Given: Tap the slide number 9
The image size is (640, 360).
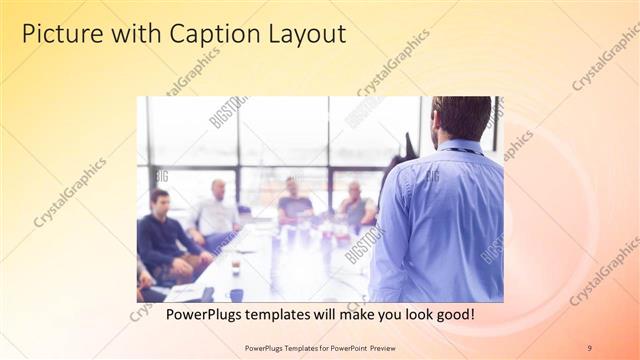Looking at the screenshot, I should pos(589,347).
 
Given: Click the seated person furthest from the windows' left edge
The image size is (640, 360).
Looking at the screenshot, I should pos(356,205).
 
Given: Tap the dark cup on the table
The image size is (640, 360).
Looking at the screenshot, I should pos(236,294).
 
